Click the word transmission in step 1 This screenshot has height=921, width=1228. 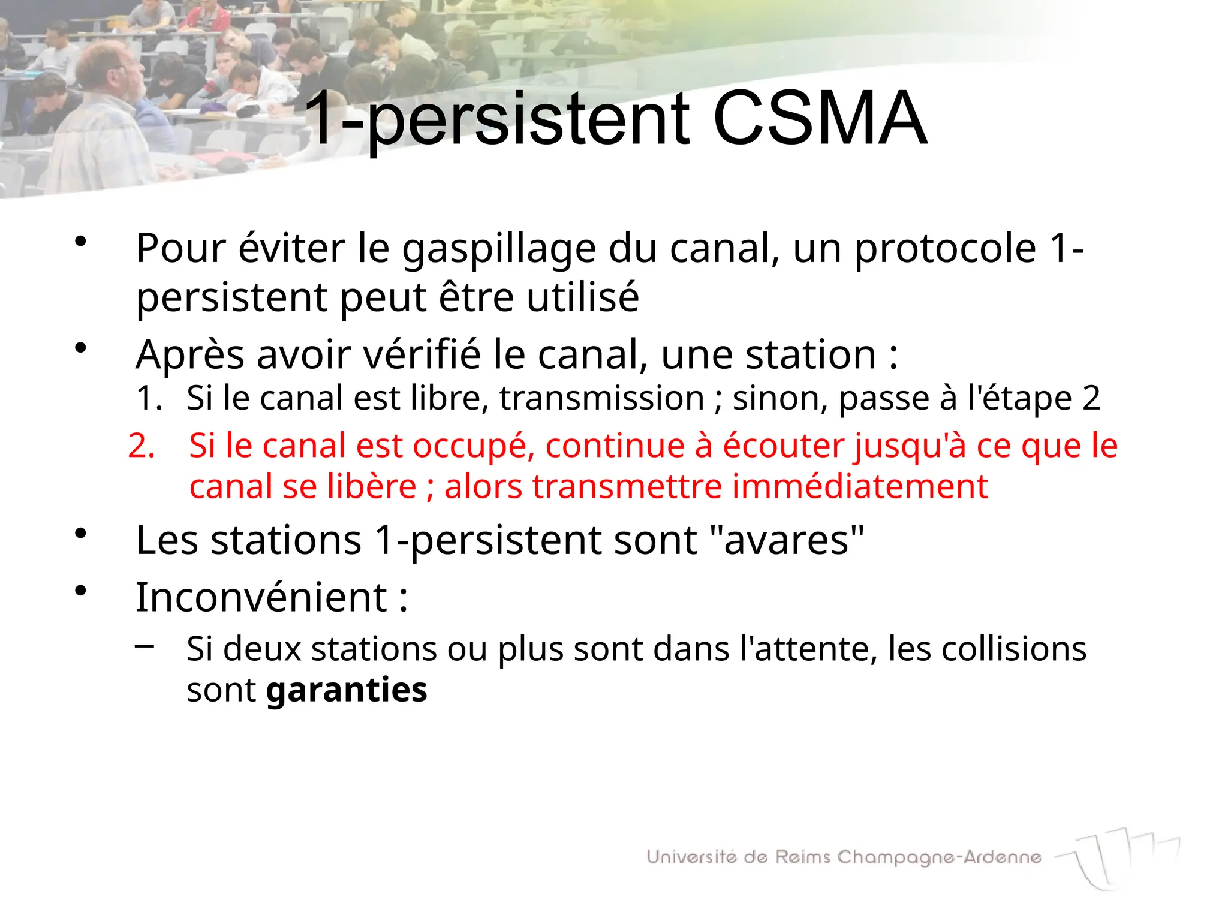(601, 398)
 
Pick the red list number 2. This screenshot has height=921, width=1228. (142, 446)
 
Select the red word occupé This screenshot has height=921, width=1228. (474, 447)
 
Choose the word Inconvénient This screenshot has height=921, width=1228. (261, 598)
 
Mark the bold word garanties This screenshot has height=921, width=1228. (347, 690)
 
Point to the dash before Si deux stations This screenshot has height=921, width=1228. (145, 646)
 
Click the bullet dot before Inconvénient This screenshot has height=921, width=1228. (81, 591)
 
